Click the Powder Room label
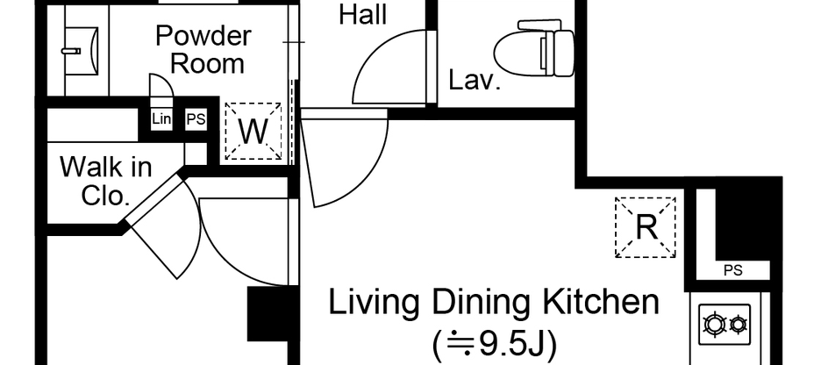(x=203, y=50)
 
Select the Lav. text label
(x=474, y=82)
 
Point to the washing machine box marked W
(x=253, y=132)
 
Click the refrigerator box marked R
(x=646, y=227)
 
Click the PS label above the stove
(x=732, y=271)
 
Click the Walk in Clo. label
(x=105, y=180)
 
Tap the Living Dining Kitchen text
(x=493, y=303)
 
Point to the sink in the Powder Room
(x=84, y=50)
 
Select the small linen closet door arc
(x=161, y=88)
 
